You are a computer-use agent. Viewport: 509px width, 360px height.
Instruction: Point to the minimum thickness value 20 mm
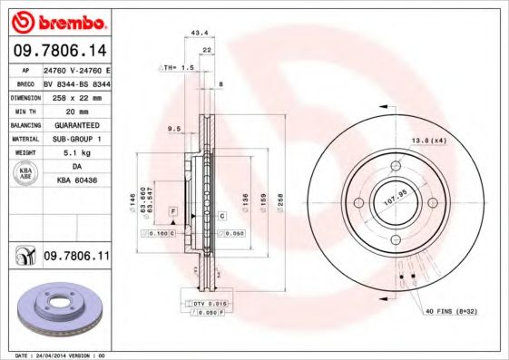coord(70,109)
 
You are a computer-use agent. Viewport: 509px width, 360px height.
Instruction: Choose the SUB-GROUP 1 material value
coord(76,138)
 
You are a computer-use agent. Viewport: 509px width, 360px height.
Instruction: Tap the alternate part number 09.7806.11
coord(76,258)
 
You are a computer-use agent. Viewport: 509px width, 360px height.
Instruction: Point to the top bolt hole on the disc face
coord(396,166)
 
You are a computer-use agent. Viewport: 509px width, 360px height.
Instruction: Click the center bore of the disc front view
coord(396,203)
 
